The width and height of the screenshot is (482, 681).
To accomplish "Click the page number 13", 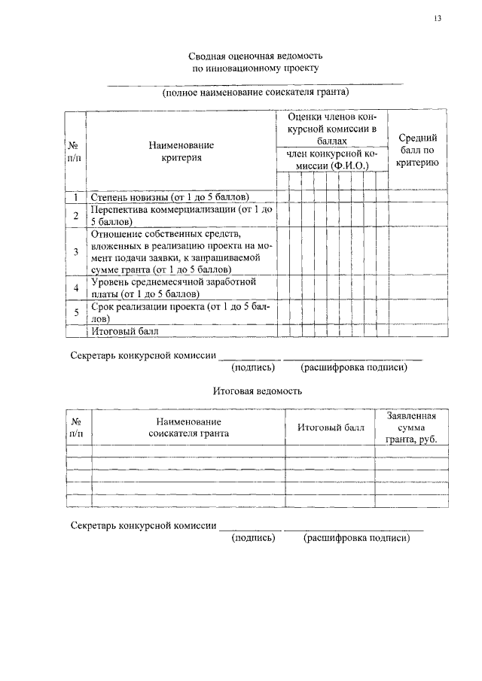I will click(438, 19).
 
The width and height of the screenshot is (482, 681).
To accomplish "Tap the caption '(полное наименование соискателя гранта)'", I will click(256, 93).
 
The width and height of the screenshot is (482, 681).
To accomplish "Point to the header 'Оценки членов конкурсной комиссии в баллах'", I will click(331, 129).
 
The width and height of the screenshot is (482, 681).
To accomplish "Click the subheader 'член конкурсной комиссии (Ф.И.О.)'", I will click(331, 160).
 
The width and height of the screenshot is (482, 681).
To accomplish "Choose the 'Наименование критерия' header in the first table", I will click(181, 150).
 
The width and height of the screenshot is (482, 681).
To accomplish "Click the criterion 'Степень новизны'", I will click(169, 197).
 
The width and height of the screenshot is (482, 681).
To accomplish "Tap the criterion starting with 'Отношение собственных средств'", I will click(181, 251).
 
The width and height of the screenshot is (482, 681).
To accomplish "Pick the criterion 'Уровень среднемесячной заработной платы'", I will click(174, 287).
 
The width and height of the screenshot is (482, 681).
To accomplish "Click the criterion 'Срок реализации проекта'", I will click(181, 312).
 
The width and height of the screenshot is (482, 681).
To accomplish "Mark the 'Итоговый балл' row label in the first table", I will click(125, 330).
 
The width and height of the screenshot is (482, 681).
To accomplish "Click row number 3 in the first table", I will click(75, 251).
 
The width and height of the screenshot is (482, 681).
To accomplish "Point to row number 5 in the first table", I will click(75, 312).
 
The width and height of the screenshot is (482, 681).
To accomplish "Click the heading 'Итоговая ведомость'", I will click(257, 391).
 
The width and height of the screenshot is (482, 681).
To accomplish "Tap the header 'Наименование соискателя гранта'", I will click(188, 427).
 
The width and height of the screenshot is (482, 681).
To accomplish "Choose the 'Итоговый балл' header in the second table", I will click(330, 427).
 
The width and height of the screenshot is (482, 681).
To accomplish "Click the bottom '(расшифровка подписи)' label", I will click(356, 539).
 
